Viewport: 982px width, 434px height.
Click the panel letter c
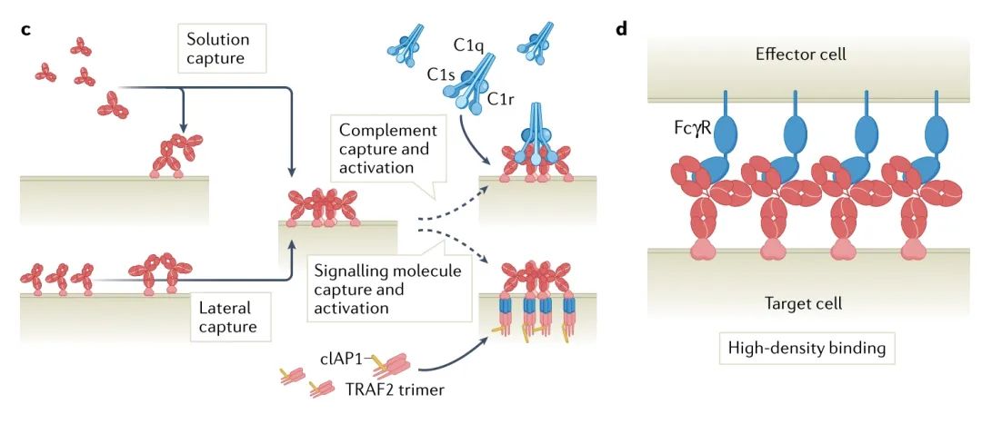pyautogui.click(x=26, y=29)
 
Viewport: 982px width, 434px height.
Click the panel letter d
pyautogui.click(x=622, y=28)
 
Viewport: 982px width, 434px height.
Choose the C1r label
pyautogui.click(x=503, y=97)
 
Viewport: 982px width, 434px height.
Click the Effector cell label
pyautogui.click(x=800, y=54)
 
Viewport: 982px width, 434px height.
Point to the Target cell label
pyautogui.click(x=800, y=302)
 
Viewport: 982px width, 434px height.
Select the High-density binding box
pyautogui.click(x=799, y=347)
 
